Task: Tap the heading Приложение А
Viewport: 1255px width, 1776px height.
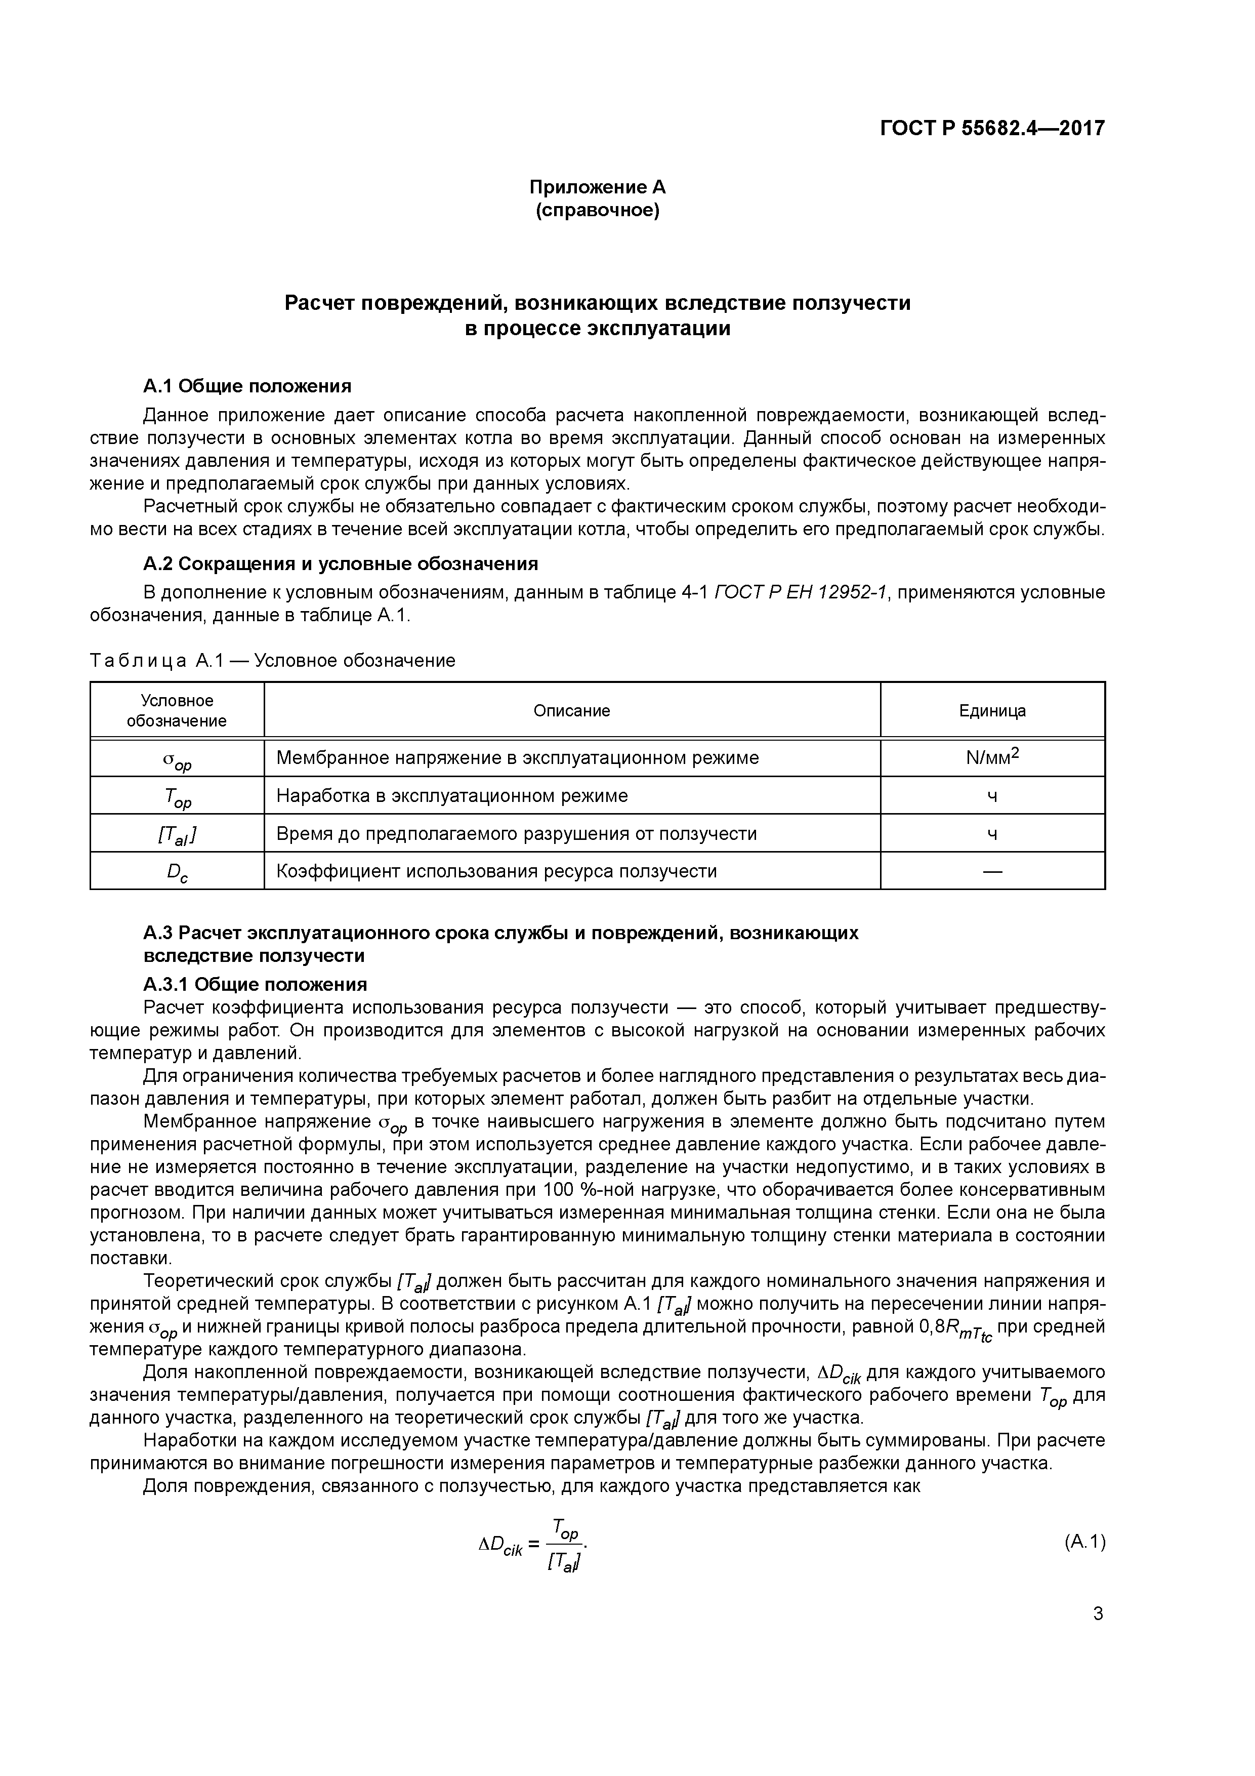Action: (x=597, y=187)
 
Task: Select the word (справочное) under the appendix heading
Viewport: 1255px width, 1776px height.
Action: (x=597, y=211)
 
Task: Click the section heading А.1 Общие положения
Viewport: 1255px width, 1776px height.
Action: (x=247, y=386)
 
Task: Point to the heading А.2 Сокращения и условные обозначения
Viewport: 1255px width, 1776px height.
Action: (x=340, y=563)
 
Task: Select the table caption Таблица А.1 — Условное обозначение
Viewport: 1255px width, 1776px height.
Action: (x=272, y=661)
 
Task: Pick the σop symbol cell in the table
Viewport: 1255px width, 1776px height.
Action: (x=177, y=761)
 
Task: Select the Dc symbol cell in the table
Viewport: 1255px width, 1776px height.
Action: (x=177, y=872)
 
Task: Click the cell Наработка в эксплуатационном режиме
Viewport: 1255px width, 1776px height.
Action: (x=452, y=796)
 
